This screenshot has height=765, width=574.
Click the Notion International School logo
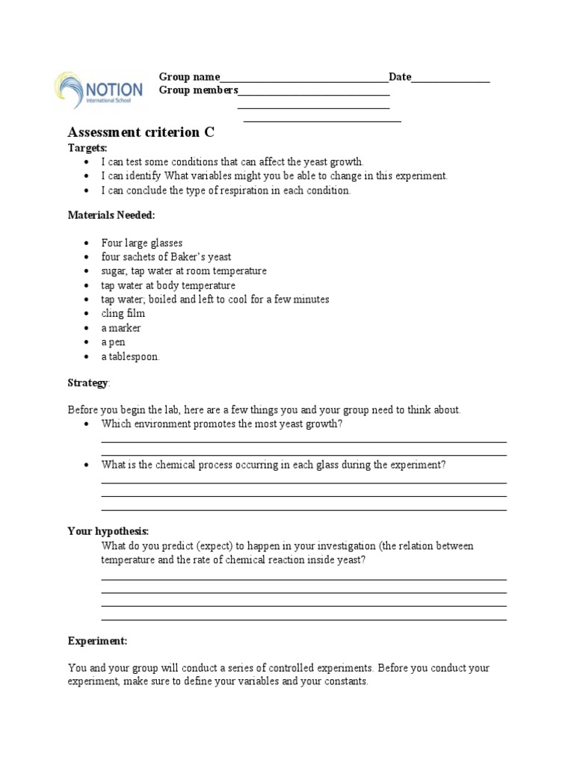point(98,90)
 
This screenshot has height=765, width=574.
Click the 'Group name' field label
point(189,77)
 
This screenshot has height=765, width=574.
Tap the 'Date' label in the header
point(400,77)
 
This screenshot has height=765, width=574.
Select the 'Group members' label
point(198,90)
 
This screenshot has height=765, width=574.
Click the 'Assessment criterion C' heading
point(141,132)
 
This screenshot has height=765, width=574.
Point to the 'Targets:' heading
point(87,148)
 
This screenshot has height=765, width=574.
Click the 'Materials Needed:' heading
point(111,215)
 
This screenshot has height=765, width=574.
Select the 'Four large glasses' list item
point(142,244)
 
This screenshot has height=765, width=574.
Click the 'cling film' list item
point(123,314)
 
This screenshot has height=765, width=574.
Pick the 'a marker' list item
point(121,328)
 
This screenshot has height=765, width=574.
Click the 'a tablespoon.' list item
point(130,356)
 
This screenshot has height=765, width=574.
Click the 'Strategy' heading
point(87,382)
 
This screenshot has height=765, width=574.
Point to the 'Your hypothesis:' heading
point(108,531)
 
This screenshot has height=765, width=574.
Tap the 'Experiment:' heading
point(97,641)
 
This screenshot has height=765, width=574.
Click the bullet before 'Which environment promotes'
point(87,424)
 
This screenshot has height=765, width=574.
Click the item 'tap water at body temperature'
point(168,285)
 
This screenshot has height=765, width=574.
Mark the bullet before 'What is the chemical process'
point(87,465)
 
